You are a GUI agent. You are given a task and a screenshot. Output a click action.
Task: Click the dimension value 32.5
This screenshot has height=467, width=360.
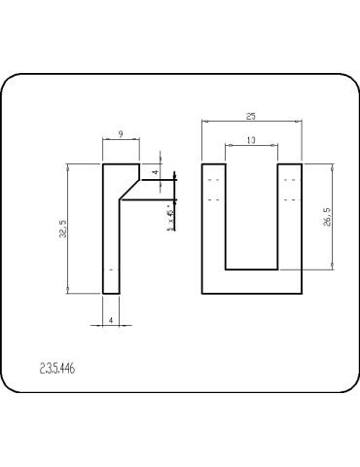[64, 229]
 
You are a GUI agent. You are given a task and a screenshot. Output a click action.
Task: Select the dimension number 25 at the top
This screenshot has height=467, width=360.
[251, 116]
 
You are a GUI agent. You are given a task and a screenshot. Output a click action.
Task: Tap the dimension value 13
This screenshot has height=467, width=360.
[251, 141]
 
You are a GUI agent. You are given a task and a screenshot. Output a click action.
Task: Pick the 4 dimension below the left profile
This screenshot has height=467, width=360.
[112, 318]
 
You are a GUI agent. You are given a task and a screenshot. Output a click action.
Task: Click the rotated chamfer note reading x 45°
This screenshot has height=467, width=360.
[170, 216]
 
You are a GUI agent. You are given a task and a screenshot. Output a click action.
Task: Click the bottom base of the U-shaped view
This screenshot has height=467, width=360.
[251, 281]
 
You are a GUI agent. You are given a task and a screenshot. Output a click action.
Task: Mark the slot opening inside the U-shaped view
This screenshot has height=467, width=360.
[251, 214]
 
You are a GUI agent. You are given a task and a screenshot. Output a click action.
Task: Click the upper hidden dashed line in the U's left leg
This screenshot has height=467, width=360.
[214, 181]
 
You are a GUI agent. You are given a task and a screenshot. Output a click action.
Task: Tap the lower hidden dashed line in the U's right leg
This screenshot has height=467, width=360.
[289, 198]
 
